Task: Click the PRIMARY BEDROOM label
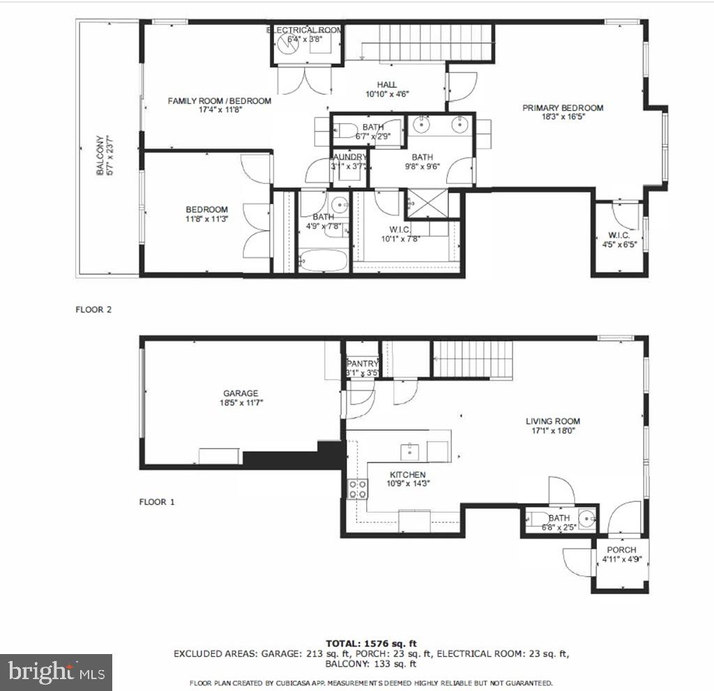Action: point(563,108)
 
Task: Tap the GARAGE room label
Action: point(241,393)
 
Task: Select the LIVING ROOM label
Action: point(552,421)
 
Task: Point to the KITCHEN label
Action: point(407,475)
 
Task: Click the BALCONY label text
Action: point(100,155)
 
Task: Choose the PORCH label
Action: point(621,550)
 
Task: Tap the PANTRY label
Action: point(363,363)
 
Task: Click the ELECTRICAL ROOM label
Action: point(305,30)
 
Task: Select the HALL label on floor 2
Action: point(386,84)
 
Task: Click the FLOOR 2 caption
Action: point(93,310)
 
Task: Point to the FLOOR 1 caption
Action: point(157,502)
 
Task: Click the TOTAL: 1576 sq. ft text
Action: point(371,643)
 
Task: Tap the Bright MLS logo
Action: point(56,672)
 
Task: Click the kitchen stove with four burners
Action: point(358,488)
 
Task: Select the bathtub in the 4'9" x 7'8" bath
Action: point(323,263)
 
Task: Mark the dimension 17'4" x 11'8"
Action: point(219,111)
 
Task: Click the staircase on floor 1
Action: point(472,359)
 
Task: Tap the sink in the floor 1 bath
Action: point(588,519)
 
